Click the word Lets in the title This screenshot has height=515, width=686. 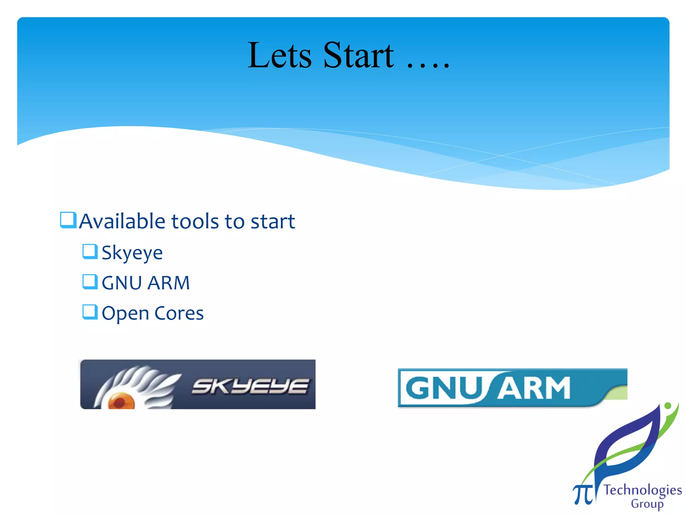click(x=279, y=55)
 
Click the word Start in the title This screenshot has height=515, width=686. click(x=358, y=55)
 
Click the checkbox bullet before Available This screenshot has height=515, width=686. click(x=68, y=220)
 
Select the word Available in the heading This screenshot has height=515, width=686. click(x=122, y=221)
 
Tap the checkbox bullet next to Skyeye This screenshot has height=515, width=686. click(x=90, y=251)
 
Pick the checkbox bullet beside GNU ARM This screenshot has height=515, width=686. click(x=90, y=282)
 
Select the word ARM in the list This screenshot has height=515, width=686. click(x=168, y=283)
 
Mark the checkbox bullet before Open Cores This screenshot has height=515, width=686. click(x=90, y=312)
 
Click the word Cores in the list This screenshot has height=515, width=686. click(x=179, y=313)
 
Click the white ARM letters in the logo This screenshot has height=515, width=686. click(x=534, y=388)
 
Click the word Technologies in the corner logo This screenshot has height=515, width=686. click(x=642, y=490)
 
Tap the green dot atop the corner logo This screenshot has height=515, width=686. click(x=668, y=406)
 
